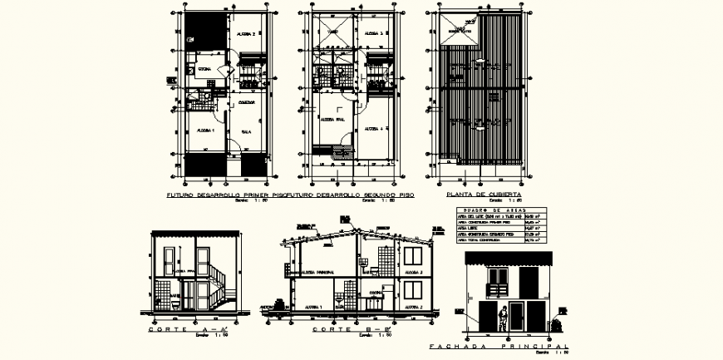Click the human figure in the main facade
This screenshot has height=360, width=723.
[x=503, y=317]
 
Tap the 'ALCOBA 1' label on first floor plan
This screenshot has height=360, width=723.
[x=206, y=131]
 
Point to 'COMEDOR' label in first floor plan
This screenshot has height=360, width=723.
[x=247, y=102]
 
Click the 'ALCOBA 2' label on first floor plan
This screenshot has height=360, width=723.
[x=246, y=34]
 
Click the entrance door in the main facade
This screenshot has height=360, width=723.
[x=517, y=315]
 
